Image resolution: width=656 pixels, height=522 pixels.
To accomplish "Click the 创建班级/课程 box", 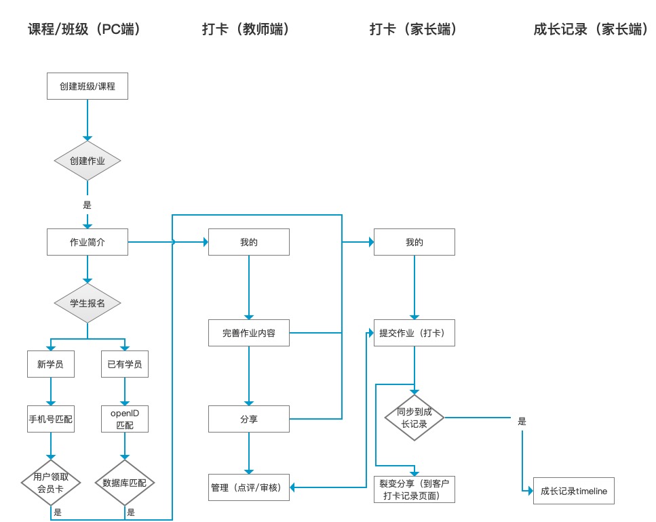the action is [x=88, y=86].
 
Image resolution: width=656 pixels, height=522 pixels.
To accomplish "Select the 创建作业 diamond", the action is [x=88, y=161].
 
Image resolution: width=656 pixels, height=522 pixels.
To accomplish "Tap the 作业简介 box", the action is [x=88, y=242].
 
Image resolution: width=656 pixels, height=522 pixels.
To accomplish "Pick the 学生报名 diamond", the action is [x=88, y=303].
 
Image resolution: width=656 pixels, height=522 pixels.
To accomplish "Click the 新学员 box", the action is [x=51, y=364].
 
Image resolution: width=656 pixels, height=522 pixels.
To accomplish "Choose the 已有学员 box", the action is [x=125, y=364].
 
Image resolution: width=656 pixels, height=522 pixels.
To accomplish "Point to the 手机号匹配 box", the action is [x=51, y=419].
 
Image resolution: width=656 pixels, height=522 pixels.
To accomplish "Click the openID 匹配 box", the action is [x=125, y=419].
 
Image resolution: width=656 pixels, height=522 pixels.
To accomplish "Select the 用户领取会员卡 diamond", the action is [x=51, y=483].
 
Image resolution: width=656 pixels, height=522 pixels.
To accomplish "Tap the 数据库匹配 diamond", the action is [x=125, y=483].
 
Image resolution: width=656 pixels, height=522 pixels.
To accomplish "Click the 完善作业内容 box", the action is [x=249, y=333].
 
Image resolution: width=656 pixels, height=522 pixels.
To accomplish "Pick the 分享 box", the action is [x=249, y=419].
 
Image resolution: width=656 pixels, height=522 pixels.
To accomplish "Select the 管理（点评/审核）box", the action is [x=249, y=487].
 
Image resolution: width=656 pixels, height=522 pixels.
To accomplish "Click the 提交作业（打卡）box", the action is [x=414, y=333].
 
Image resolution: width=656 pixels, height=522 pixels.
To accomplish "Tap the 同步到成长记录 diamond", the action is [x=414, y=418].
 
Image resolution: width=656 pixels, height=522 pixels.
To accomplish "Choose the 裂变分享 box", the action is [x=414, y=489].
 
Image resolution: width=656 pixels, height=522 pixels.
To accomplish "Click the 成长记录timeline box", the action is [x=574, y=491].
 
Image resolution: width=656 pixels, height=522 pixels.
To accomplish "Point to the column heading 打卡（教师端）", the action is [x=246, y=29].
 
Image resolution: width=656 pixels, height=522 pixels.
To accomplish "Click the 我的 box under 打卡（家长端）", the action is [x=414, y=242].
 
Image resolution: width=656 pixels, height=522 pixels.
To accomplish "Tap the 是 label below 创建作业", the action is [x=87, y=205].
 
